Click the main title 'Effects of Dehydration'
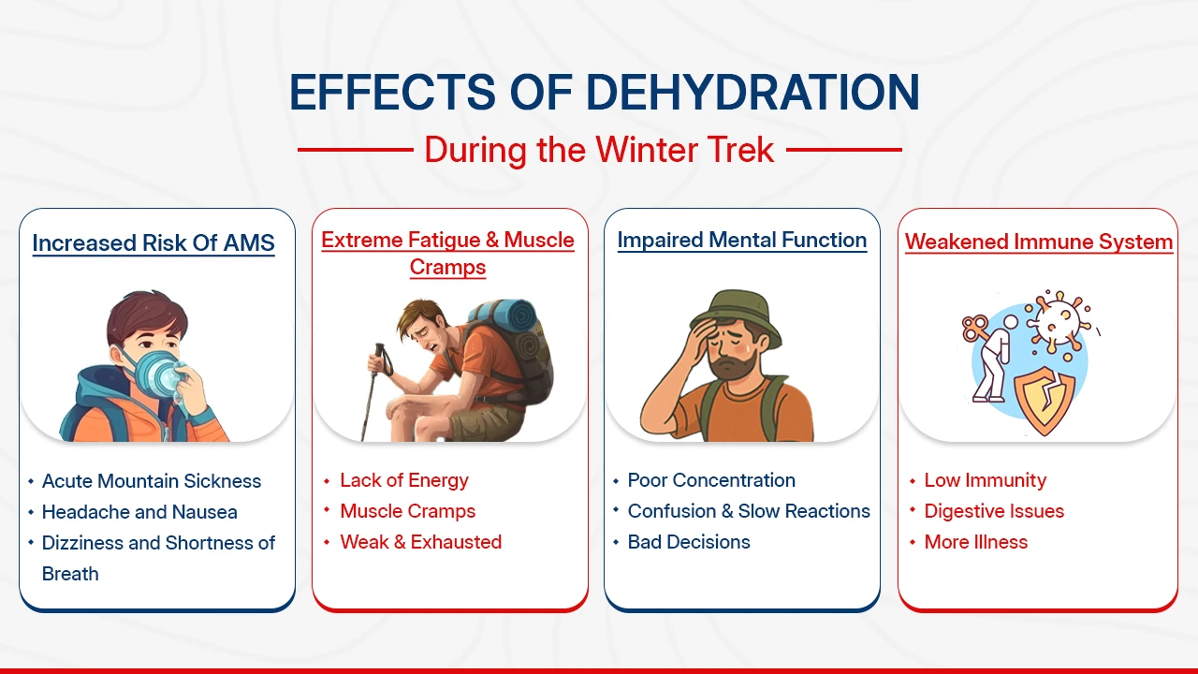(x=604, y=93)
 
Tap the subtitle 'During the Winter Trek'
(x=599, y=150)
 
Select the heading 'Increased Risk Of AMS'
(x=153, y=243)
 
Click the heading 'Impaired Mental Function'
(x=741, y=241)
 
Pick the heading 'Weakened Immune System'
(x=1038, y=242)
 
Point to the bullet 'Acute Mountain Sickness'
(x=152, y=481)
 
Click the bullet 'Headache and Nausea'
(x=139, y=512)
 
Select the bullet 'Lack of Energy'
(x=403, y=480)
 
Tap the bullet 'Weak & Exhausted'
(x=420, y=542)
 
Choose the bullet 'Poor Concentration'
(x=711, y=480)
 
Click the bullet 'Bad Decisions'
(x=689, y=542)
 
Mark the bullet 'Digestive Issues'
(x=994, y=511)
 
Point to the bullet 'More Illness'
(x=975, y=542)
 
